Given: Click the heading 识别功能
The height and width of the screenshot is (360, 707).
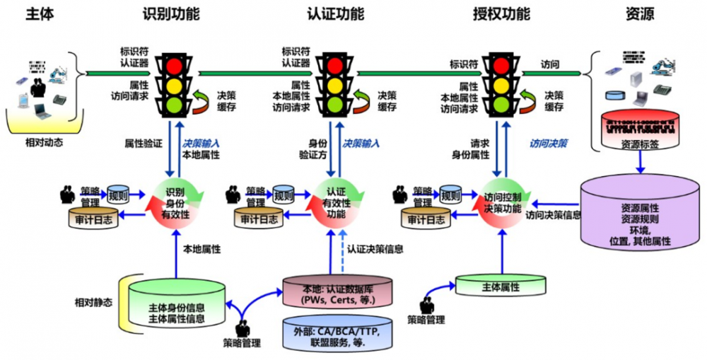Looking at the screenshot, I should pyautogui.click(x=170, y=13).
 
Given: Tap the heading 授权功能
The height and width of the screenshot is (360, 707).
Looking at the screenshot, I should pyautogui.click(x=501, y=13).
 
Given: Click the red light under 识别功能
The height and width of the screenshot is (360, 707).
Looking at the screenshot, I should pyautogui.click(x=173, y=64).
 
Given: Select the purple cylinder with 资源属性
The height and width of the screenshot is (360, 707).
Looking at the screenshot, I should pyautogui.click(x=639, y=216).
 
